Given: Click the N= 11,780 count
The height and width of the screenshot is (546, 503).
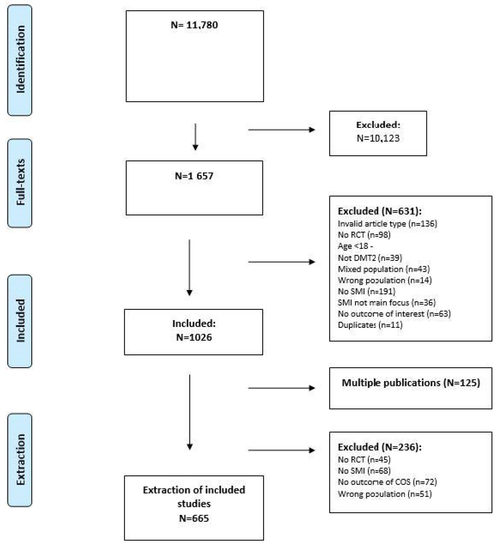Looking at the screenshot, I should pyautogui.click(x=194, y=25).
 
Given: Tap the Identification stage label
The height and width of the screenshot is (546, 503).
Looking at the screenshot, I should pyautogui.click(x=20, y=59).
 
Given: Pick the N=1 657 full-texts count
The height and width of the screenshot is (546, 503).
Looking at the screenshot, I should pyautogui.click(x=194, y=176).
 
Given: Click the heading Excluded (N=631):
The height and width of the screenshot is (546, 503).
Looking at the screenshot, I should pyautogui.click(x=379, y=211).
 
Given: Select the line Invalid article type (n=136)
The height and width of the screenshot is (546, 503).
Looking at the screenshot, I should pyautogui.click(x=387, y=224).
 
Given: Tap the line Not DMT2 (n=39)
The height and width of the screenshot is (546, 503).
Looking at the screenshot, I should pyautogui.click(x=370, y=258).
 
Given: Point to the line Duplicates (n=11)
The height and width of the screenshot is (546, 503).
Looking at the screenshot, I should pyautogui.click(x=370, y=325).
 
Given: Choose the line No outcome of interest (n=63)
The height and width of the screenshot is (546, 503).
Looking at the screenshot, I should pyautogui.click(x=394, y=314).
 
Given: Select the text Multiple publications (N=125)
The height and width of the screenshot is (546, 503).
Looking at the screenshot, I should pyautogui.click(x=410, y=383).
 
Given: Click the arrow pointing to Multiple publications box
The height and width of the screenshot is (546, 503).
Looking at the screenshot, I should pyautogui.click(x=281, y=388).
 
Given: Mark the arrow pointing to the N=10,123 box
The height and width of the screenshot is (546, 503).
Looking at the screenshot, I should pyautogui.click(x=281, y=130).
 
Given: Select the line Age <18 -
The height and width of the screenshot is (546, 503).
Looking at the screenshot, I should pyautogui.click(x=355, y=246).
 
